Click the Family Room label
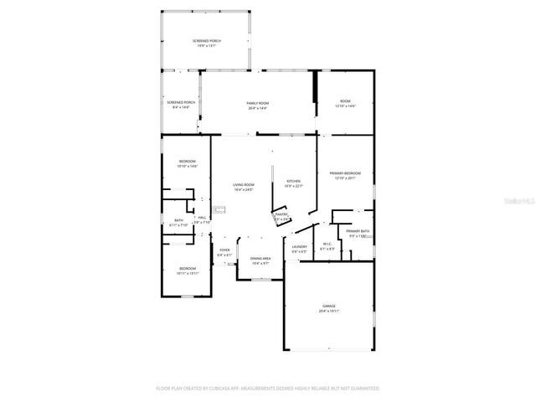[257, 102]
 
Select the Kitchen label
[294, 181]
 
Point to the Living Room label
[243, 185]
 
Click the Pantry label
[281, 214]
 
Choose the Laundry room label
[299, 246]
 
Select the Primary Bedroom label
[351, 173]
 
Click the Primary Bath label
[358, 230]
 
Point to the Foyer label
[224, 250]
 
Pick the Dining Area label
[261, 259]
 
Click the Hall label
[201, 218]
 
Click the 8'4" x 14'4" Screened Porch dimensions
[181, 107]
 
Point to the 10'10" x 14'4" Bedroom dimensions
[187, 166]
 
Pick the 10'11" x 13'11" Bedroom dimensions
[187, 273]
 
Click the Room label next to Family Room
[345, 102]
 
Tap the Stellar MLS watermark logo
[521, 202]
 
